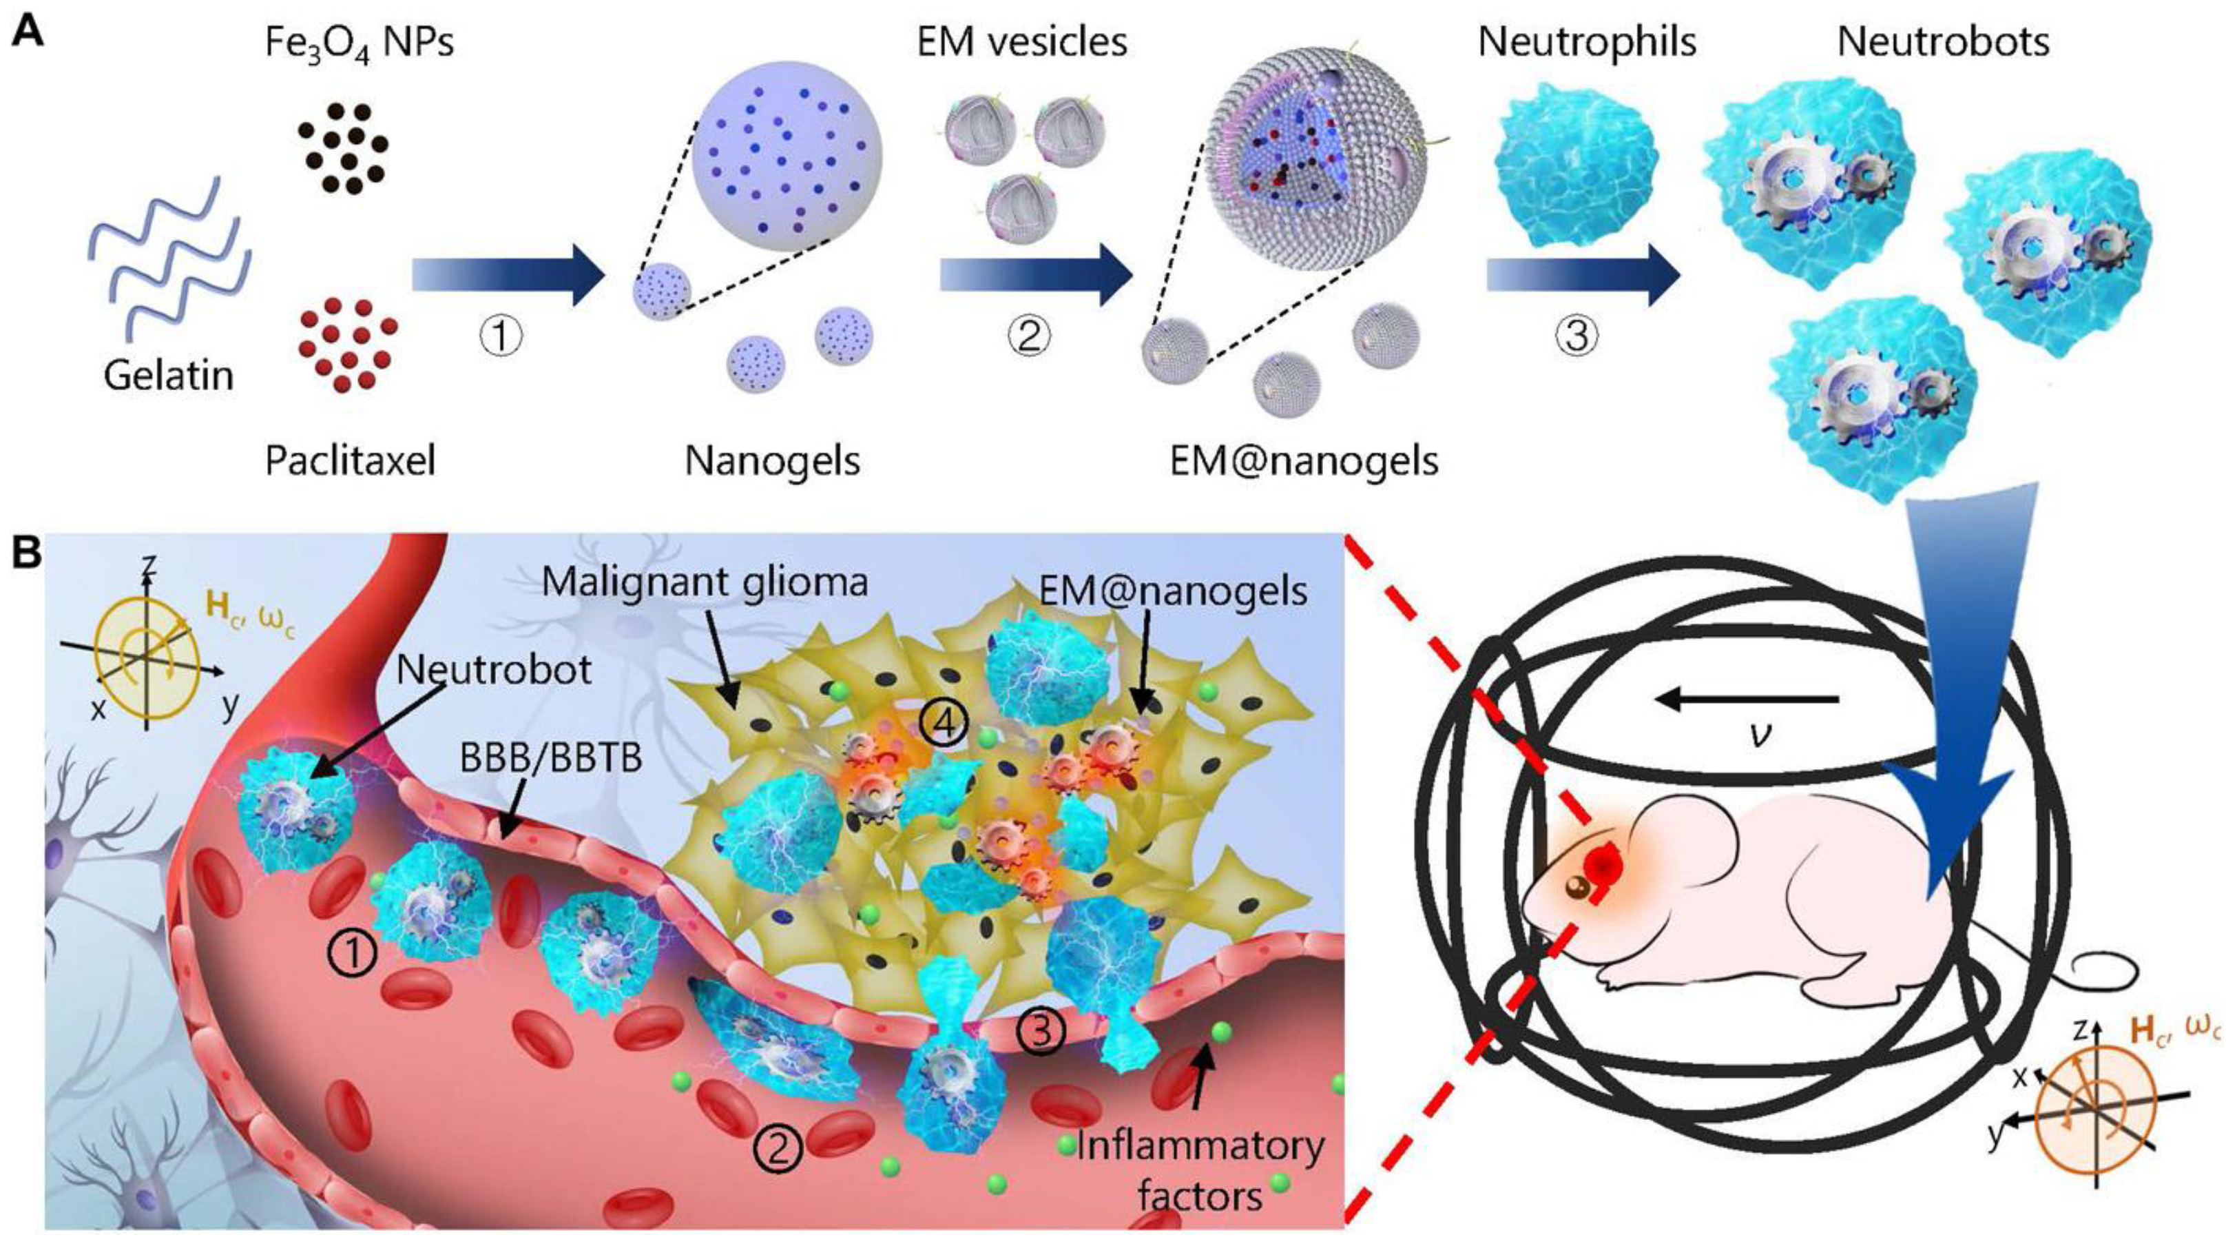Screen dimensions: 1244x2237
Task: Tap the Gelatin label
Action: pos(169,376)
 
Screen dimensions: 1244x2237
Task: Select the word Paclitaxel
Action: pos(350,461)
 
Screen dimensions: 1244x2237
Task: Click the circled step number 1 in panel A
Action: pos(502,336)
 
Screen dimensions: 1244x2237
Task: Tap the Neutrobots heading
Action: pos(1944,42)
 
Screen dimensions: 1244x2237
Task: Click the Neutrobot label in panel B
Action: pos(494,670)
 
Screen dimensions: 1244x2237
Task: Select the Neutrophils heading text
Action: pos(1588,42)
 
